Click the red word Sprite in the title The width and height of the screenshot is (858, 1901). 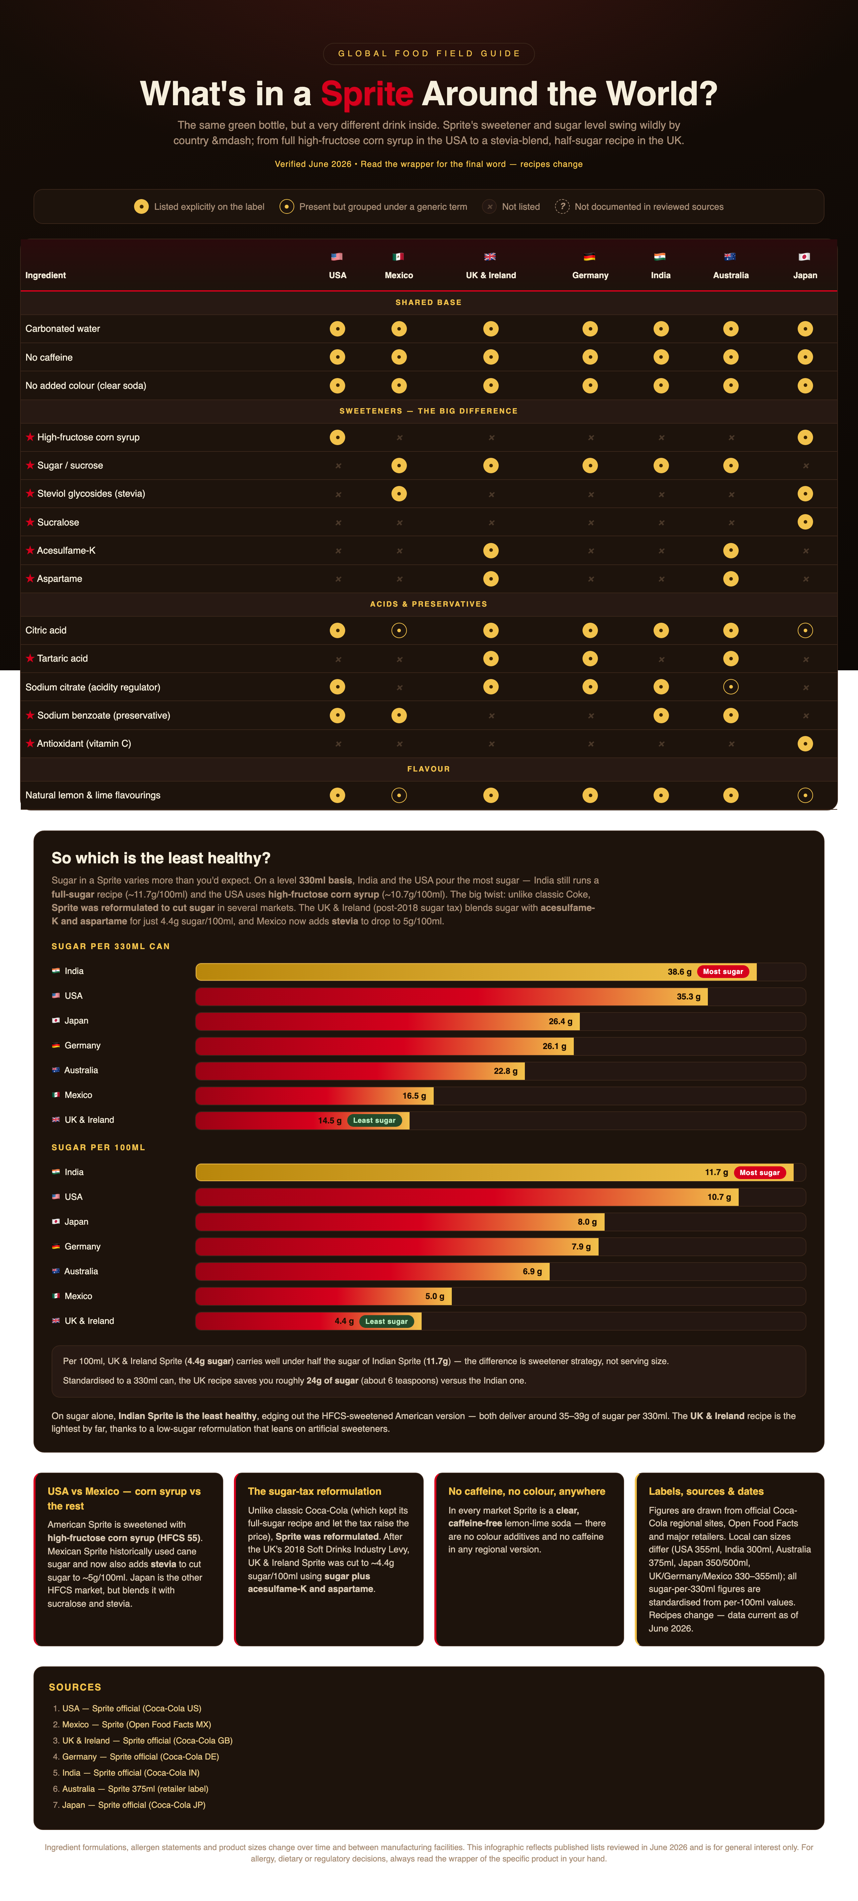coord(367,94)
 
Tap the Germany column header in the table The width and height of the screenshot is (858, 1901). coord(590,275)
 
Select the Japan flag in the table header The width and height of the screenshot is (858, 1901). coord(805,257)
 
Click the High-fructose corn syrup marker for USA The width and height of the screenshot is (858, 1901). coord(337,438)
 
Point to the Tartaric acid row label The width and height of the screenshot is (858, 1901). coord(63,658)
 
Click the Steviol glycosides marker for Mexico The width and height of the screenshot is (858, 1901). coord(399,494)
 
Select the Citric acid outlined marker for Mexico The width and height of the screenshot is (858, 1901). coord(399,630)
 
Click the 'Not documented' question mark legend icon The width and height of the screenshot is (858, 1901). coord(562,207)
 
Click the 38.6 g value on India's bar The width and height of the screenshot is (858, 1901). coord(679,972)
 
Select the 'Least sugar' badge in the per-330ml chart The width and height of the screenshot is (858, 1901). coord(374,1120)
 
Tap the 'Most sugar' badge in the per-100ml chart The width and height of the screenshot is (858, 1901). coord(759,1173)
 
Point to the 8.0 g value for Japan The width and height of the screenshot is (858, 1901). coord(587,1222)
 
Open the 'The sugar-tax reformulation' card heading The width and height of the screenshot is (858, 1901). coord(314,1491)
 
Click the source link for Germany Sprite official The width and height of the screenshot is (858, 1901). coord(140,1756)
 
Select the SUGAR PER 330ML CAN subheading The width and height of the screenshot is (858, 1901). coord(111,946)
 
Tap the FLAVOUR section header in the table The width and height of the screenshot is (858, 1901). coord(429,769)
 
